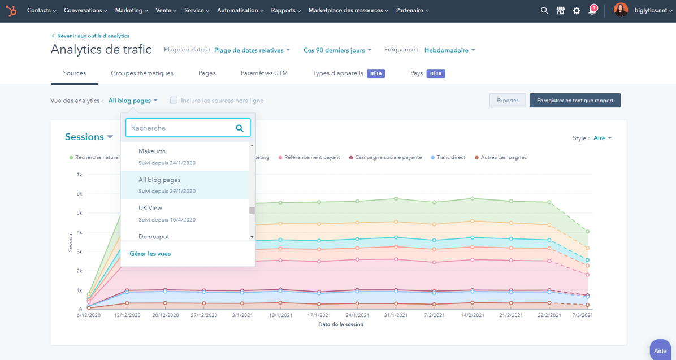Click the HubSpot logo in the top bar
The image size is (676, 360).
[x=11, y=10]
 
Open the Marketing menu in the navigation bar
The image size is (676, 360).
[x=131, y=10]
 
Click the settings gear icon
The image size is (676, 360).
[x=577, y=10]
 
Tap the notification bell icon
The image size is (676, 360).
[x=592, y=10]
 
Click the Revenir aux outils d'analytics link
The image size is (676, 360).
[x=93, y=36]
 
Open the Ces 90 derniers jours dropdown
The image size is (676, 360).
[x=337, y=50]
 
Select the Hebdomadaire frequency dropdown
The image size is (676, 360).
[x=450, y=50]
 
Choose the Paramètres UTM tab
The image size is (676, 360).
[x=264, y=73]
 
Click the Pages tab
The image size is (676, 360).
[x=207, y=73]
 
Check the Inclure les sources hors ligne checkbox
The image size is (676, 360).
[x=174, y=101]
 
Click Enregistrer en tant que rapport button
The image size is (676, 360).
[x=575, y=101]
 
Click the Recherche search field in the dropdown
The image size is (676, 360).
[x=181, y=128]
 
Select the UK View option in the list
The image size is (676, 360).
[x=150, y=208]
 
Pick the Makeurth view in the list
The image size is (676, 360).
[x=152, y=151]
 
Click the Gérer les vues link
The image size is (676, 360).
[x=150, y=254]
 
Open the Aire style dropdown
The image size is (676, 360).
[x=603, y=138]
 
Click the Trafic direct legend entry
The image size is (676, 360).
[x=450, y=157]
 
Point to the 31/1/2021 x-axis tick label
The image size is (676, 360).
[x=396, y=315]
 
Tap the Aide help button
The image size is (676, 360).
[x=660, y=350]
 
